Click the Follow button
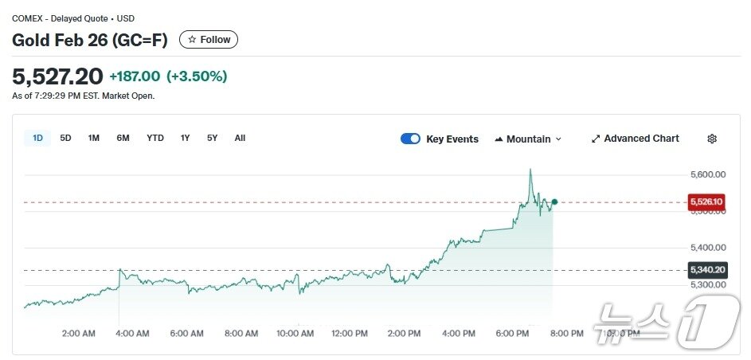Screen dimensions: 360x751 (209, 40)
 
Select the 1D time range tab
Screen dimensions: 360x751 (37, 138)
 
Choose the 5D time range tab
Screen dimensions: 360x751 (65, 138)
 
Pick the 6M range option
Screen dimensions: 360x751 (123, 138)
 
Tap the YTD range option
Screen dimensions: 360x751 (155, 138)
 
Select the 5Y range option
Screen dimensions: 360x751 (212, 138)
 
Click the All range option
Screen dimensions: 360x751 (240, 138)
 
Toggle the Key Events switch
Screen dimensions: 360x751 (410, 139)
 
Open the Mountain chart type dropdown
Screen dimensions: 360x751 (528, 139)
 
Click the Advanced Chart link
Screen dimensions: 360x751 (636, 139)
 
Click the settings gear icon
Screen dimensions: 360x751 (712, 139)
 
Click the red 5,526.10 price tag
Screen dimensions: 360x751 (706, 202)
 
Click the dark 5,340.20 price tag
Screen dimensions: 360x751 (706, 270)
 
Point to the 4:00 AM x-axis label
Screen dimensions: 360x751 (132, 334)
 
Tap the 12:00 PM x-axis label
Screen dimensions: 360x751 (349, 334)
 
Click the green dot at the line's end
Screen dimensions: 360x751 (554, 202)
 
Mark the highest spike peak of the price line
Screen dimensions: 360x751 (530, 170)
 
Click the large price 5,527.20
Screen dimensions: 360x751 (57, 76)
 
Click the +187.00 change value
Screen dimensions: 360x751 (135, 76)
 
